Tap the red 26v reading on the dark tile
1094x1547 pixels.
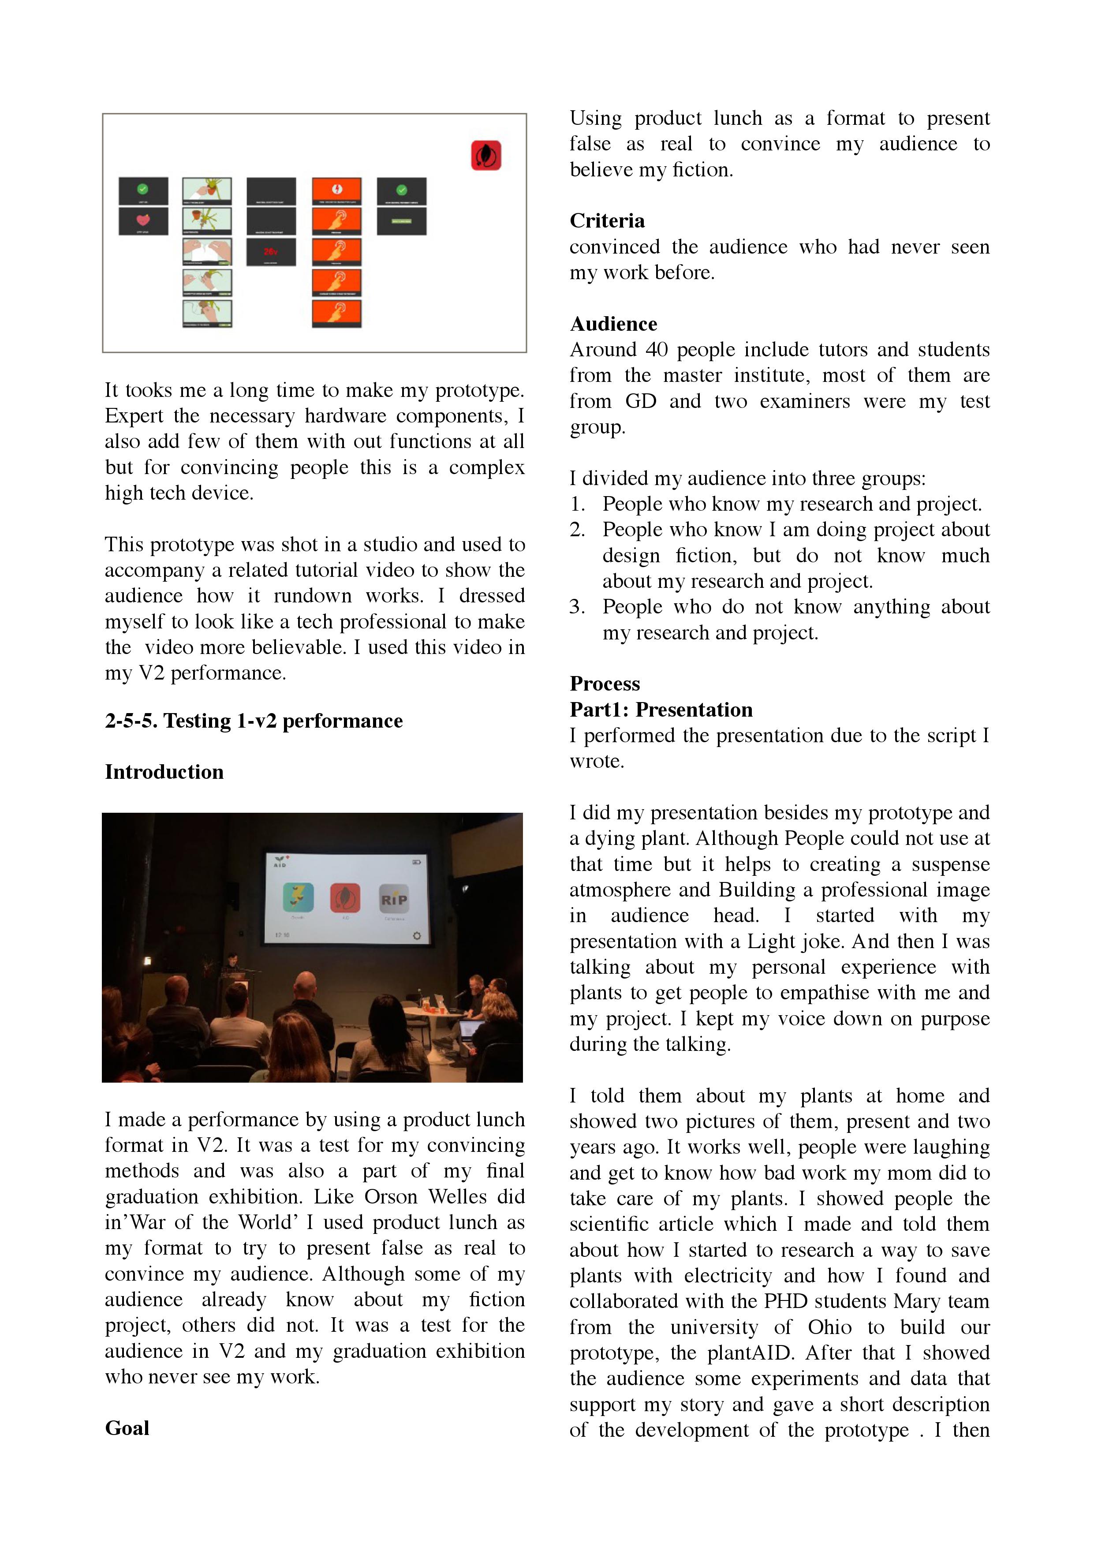[271, 251]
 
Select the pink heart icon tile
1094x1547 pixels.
[143, 220]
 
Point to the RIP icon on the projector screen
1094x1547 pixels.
[394, 899]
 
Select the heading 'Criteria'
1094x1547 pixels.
[607, 221]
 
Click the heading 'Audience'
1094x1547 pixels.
[613, 324]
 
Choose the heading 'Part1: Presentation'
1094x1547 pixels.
[661, 710]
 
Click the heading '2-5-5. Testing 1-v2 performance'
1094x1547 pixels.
[253, 721]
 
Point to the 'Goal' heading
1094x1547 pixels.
[127, 1428]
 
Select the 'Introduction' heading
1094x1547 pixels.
[164, 772]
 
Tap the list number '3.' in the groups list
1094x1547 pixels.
[577, 607]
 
